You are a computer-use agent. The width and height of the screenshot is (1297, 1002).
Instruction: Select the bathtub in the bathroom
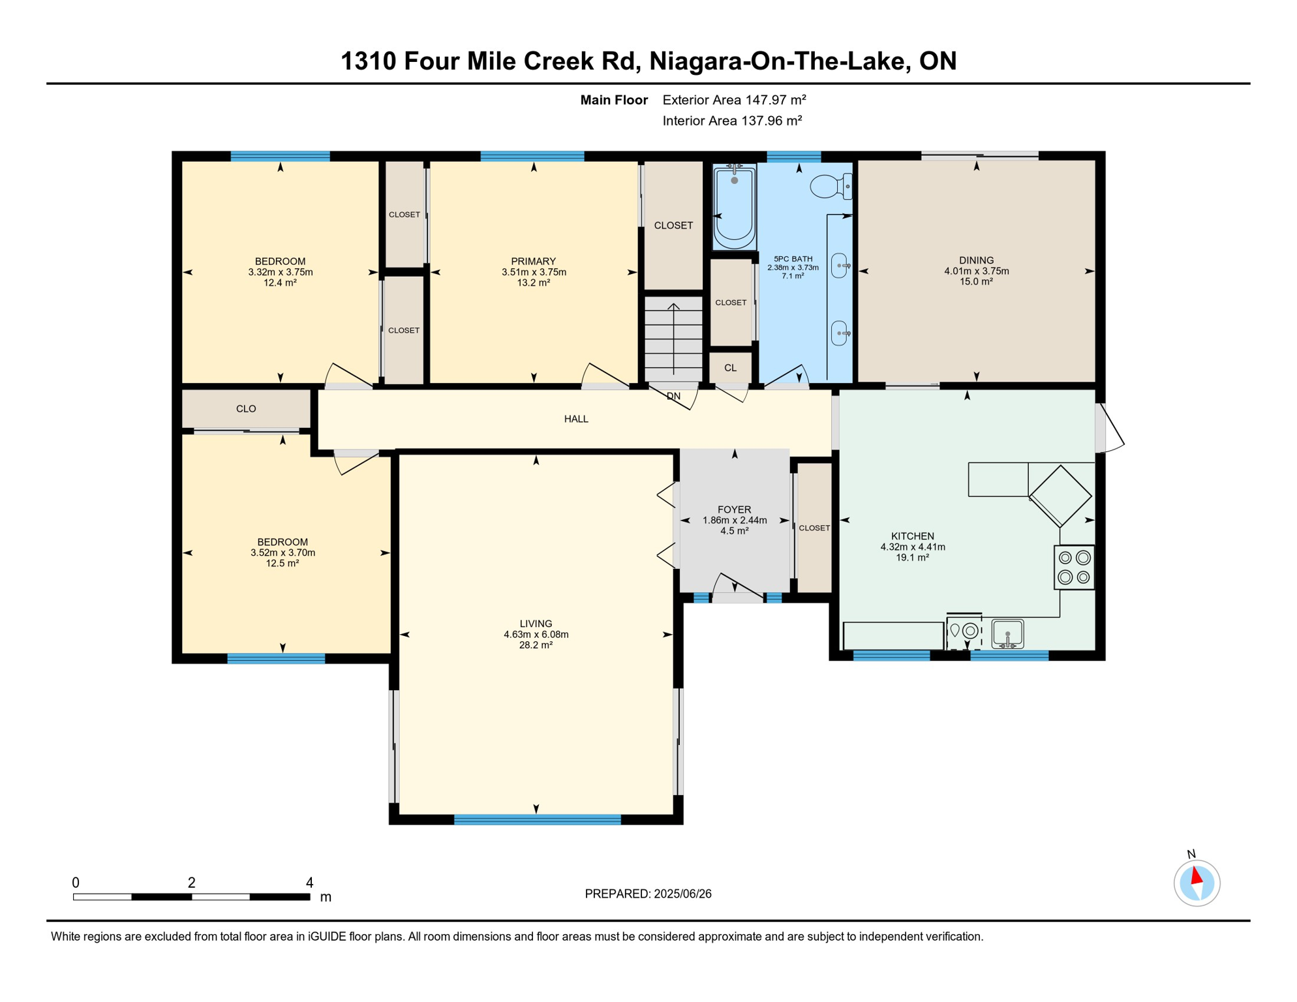point(734,207)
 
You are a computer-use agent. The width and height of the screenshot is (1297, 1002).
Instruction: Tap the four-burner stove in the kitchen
point(1074,568)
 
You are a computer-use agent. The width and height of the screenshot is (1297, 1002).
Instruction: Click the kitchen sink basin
point(1007,633)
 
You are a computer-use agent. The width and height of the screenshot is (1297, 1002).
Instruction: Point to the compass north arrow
point(1197,876)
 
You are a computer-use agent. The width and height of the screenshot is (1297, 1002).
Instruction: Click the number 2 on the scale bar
point(191,883)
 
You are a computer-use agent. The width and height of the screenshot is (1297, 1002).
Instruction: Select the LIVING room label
point(536,624)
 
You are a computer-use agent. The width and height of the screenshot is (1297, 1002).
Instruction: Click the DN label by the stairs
point(673,396)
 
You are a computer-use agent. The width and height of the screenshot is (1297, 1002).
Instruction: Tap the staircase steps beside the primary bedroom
point(673,338)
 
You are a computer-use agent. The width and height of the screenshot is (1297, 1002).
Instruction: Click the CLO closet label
point(246,409)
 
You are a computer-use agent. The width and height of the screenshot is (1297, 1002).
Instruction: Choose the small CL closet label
point(730,368)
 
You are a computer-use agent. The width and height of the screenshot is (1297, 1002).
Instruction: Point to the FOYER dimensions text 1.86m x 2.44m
point(734,521)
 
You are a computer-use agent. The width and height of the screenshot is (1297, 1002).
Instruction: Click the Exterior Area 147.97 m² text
point(734,100)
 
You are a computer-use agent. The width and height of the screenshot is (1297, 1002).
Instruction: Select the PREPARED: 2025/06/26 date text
point(648,894)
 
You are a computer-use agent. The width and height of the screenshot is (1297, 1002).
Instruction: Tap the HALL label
point(576,419)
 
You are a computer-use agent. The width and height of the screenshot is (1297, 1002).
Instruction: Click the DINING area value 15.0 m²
point(976,282)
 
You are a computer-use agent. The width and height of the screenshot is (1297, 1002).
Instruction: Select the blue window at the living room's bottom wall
point(537,820)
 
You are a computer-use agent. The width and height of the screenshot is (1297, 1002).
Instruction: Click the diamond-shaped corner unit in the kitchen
point(1060,496)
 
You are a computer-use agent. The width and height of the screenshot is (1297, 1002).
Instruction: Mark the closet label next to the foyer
point(814,528)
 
